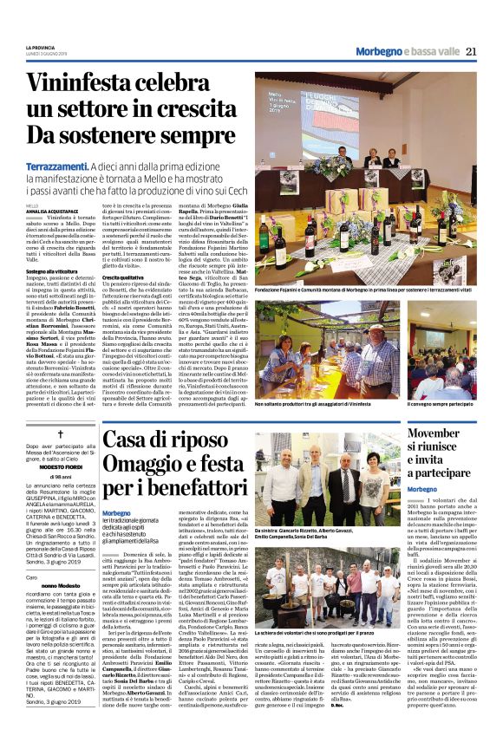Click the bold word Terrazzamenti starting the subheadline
coord(60,166)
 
